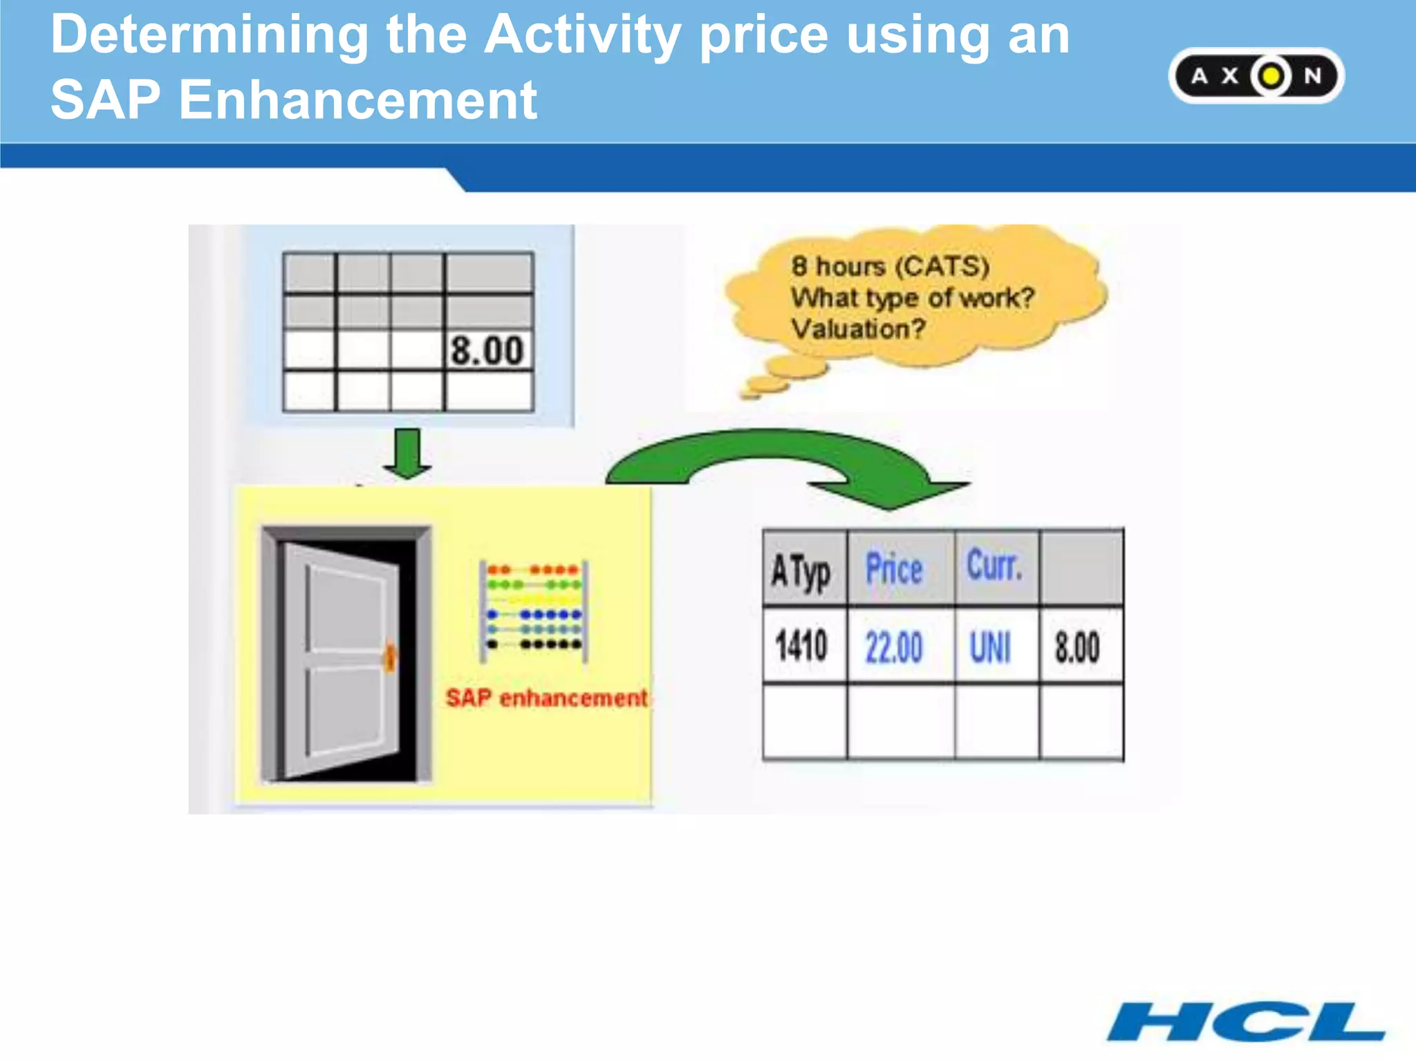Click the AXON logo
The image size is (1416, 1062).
click(1256, 76)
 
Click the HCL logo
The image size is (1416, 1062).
click(1246, 1021)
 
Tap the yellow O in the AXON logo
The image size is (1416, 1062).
click(1271, 76)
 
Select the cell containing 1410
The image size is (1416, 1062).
click(802, 646)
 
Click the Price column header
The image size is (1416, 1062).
click(895, 569)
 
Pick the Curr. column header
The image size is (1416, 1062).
click(994, 567)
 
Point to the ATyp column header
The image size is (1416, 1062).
click(802, 571)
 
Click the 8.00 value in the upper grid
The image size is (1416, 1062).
click(487, 351)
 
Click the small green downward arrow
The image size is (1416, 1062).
click(407, 454)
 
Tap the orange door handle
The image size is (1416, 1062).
click(391, 657)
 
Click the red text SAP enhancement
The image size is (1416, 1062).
click(546, 698)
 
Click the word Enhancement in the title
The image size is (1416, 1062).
click(358, 100)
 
